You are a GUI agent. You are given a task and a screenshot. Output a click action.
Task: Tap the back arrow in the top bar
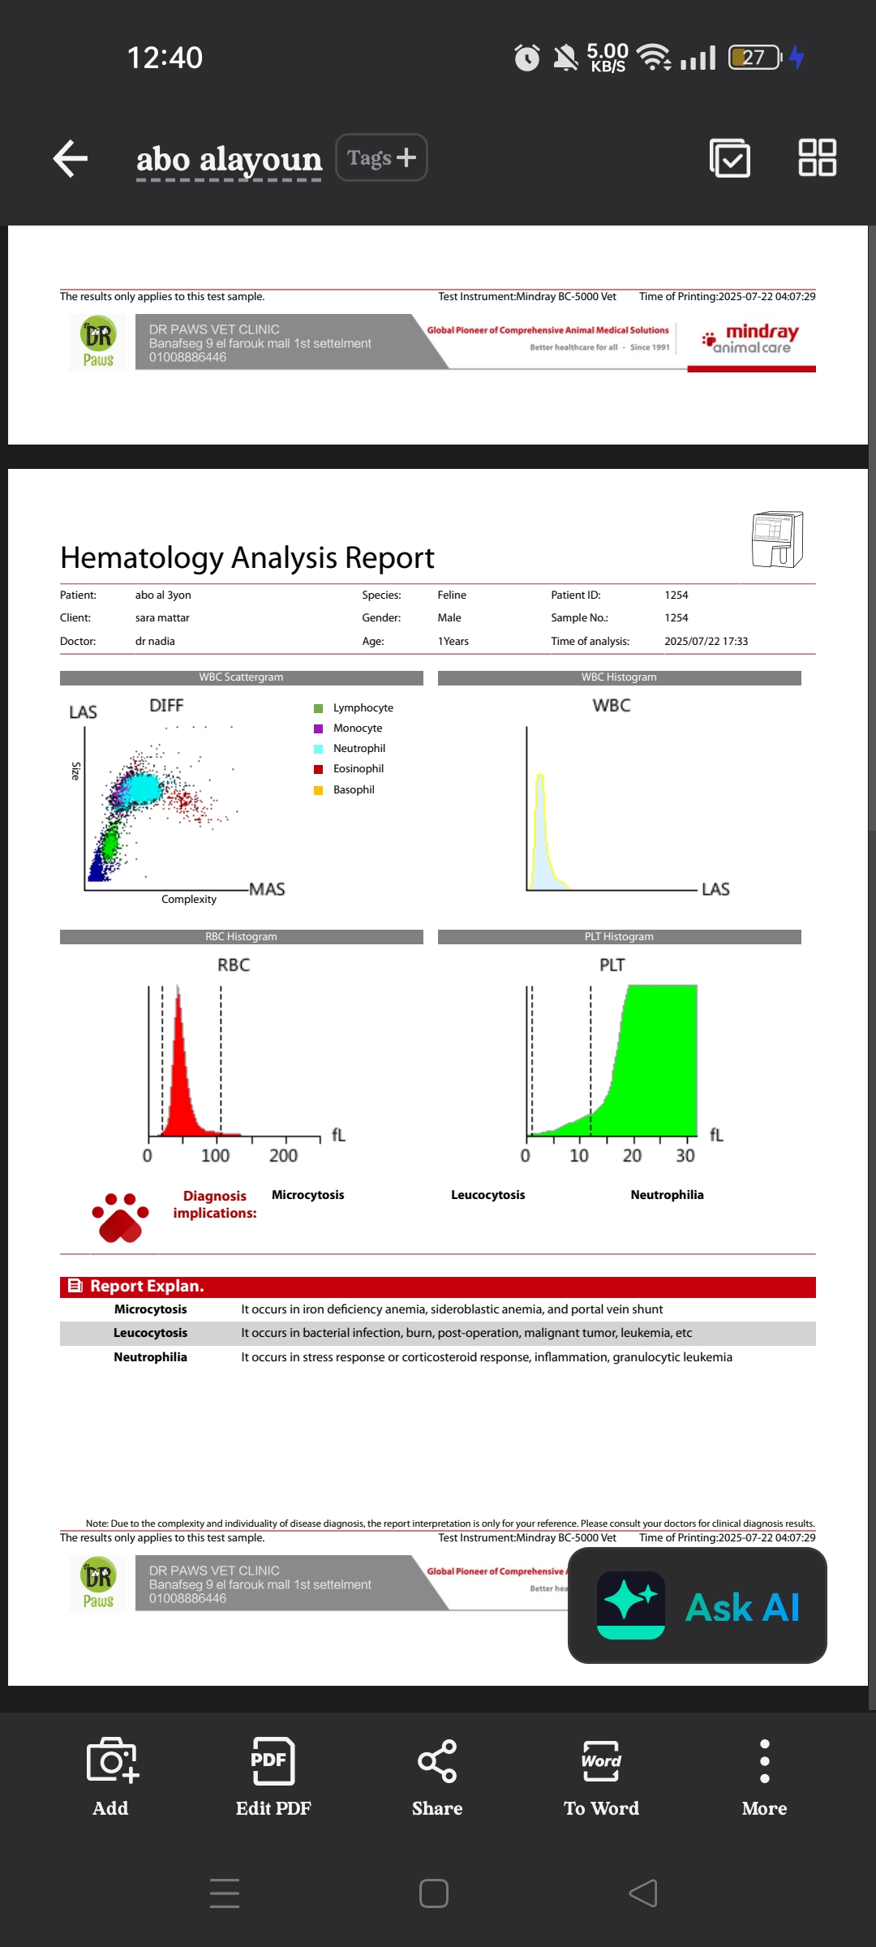coord(71,158)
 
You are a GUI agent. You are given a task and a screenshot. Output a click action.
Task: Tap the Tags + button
coord(381,157)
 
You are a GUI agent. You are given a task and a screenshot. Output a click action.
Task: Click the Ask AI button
coord(698,1606)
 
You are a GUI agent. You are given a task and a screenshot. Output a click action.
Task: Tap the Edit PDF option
coord(273,1777)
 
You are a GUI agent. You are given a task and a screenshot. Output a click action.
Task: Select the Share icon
coord(437,1777)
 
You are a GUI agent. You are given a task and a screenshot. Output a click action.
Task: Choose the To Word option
coord(601,1777)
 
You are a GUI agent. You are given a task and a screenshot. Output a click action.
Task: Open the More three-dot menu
coord(764,1777)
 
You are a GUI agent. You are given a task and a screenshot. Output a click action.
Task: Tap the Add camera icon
coord(112,1777)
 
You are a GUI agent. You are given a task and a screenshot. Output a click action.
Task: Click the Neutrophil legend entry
coord(359,749)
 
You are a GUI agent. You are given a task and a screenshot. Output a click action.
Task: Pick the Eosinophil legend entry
coord(358,769)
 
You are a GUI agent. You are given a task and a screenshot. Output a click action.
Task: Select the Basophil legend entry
coord(354,790)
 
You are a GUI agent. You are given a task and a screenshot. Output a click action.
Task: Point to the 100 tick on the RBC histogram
coord(215,1155)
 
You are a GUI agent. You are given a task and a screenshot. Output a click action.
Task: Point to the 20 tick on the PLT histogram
coord(632,1155)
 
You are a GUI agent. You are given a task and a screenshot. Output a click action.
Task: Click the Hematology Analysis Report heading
coord(247,558)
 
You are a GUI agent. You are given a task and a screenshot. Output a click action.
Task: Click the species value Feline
coord(452,595)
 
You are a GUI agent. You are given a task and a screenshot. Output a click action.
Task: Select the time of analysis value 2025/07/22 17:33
coord(706,642)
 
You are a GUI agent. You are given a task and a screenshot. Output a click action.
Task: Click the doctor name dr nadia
coord(155,642)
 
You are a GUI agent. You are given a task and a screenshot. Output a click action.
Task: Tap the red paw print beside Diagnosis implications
coord(120,1217)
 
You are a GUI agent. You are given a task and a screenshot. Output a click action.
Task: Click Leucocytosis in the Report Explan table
coord(150,1333)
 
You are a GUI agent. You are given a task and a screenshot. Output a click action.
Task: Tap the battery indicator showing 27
coord(755,58)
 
